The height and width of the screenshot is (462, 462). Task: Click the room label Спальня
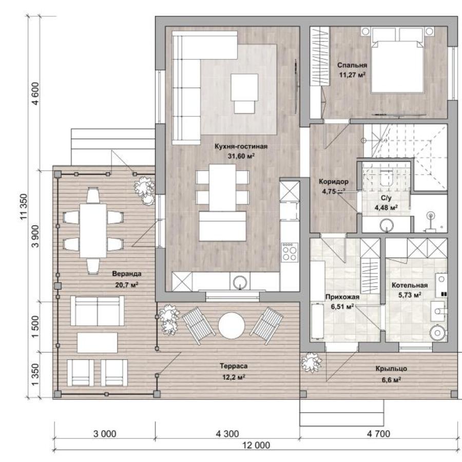pos(352,65)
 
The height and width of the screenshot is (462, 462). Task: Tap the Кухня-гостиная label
pos(241,146)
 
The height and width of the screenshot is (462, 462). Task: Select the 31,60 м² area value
pos(241,156)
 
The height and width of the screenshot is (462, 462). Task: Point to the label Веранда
pos(127,274)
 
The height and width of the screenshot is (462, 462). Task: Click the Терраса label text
pos(234,366)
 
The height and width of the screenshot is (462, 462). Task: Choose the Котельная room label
pos(410,285)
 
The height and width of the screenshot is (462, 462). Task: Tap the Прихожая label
pos(342,297)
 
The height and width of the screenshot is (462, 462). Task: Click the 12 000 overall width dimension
pos(256,445)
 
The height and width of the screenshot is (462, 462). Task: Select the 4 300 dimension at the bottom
pos(227,434)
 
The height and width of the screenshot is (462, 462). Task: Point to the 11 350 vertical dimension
pos(24,206)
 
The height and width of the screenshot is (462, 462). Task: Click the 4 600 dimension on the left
pos(35,93)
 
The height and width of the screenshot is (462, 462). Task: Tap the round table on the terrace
pos(232,325)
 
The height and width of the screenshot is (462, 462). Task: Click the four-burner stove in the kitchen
pos(290,252)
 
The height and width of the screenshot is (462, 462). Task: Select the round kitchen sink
pos(240,282)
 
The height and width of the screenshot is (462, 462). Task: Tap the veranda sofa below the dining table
pos(97,311)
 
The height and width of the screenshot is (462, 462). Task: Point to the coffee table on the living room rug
pos(244,93)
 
